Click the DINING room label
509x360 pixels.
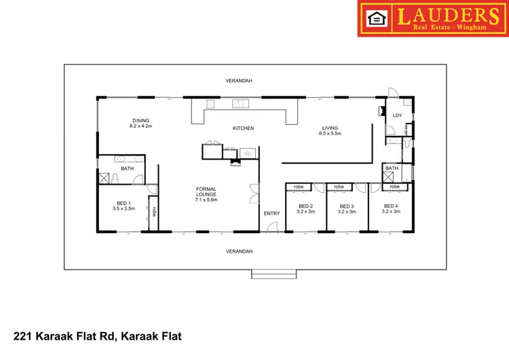point(140,120)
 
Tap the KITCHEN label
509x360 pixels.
point(243,128)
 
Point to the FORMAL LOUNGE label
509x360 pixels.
point(206,191)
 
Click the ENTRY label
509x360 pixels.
point(271,214)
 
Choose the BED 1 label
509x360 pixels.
point(123,202)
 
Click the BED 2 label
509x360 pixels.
point(305,206)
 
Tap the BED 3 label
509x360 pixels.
point(347,206)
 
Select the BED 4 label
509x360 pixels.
point(391,206)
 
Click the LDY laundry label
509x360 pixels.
point(398,115)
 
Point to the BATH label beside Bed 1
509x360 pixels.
point(128,168)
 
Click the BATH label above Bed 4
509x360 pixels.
point(392,168)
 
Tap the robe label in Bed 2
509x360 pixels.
point(298,187)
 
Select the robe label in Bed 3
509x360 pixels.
point(339,187)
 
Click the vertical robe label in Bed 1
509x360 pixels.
point(155,211)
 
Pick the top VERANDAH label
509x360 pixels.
point(239,80)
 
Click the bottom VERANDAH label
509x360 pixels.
point(239,251)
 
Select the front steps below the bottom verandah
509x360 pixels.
point(269,274)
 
